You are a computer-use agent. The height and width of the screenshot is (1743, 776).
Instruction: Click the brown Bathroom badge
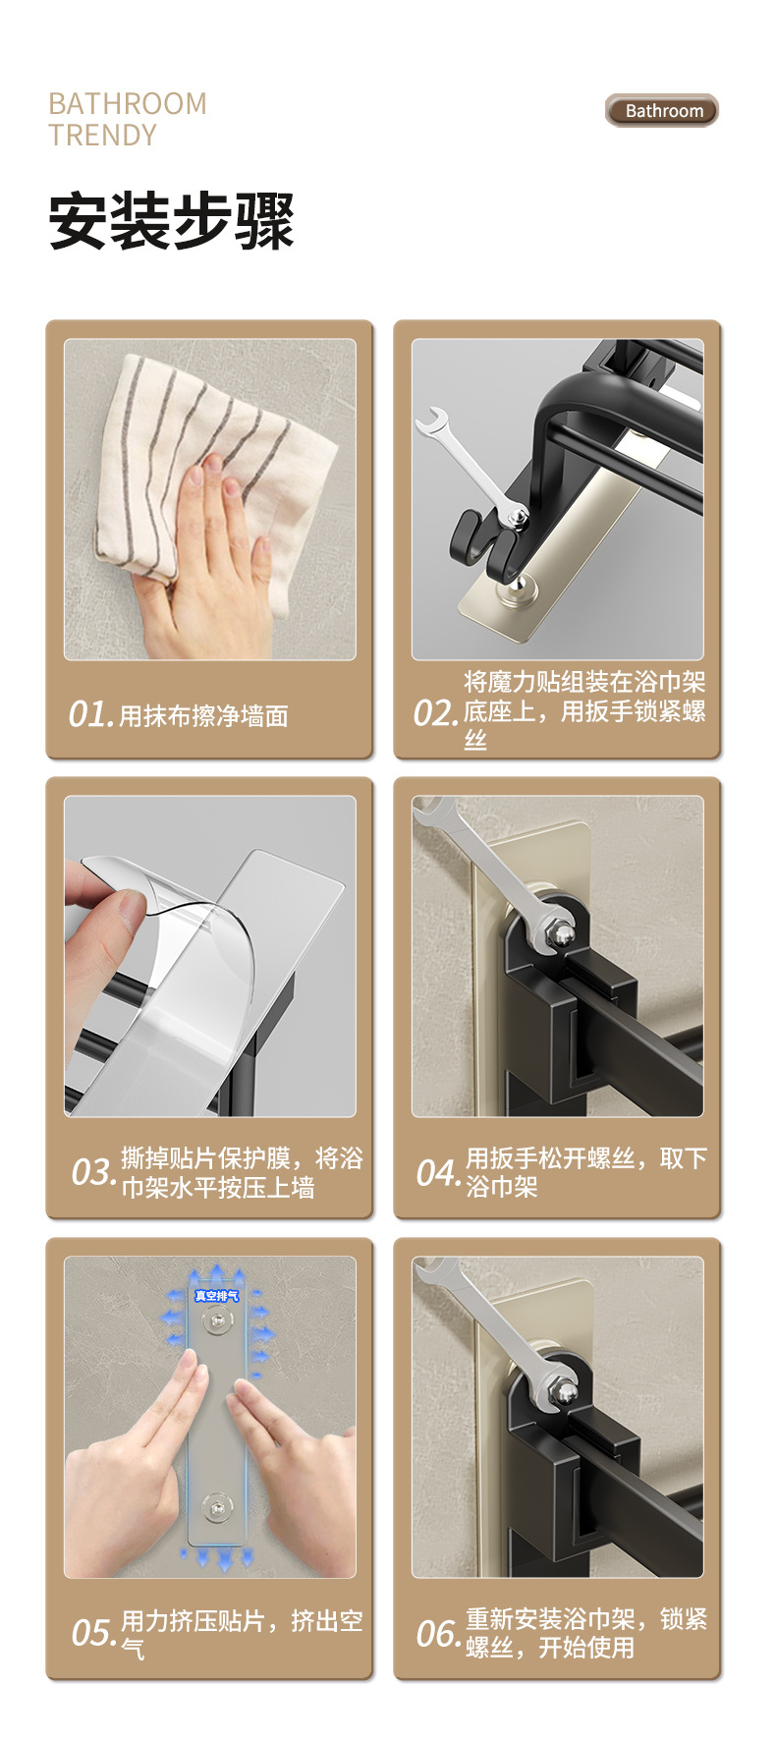(x=661, y=110)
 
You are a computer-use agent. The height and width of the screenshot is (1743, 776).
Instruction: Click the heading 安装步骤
(x=172, y=221)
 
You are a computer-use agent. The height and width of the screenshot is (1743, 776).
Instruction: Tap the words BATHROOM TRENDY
(x=128, y=119)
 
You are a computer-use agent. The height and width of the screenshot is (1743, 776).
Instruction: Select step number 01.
(x=91, y=713)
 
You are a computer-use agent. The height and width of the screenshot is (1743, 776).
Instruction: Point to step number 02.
(x=436, y=712)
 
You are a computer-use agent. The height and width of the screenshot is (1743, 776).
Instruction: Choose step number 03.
(x=94, y=1171)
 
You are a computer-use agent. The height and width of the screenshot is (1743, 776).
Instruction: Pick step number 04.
(x=439, y=1171)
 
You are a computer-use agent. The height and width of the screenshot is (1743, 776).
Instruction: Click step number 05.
(x=94, y=1632)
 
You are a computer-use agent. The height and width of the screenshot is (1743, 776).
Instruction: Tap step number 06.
(x=439, y=1632)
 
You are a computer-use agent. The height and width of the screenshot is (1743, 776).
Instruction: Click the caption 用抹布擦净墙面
(x=203, y=715)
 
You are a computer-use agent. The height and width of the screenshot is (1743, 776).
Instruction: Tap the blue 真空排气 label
(x=216, y=1296)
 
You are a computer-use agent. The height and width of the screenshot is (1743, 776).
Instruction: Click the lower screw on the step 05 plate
(x=214, y=1504)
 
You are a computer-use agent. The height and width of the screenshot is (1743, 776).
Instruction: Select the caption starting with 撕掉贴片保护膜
(x=242, y=1172)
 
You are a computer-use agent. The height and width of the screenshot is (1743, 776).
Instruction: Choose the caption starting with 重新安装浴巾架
(x=586, y=1632)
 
